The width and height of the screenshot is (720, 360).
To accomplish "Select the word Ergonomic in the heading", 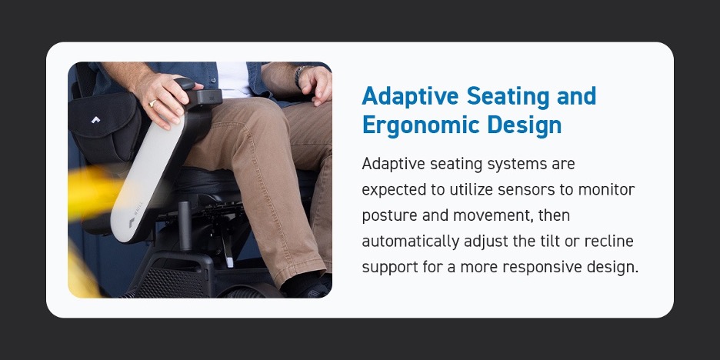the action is pos(418,125).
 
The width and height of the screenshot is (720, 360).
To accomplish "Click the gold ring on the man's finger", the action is pos(152,103).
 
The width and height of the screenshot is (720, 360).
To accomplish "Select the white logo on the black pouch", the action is pos(95,120).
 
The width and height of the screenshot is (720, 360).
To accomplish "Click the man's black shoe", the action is pos(306,286).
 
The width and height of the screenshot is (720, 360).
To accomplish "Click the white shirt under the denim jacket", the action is pos(234,79).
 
